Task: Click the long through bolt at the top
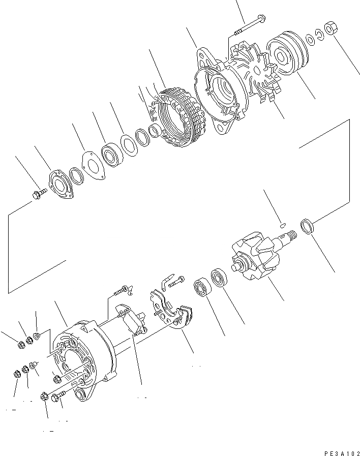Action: (x=250, y=25)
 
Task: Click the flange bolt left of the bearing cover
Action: (x=39, y=193)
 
